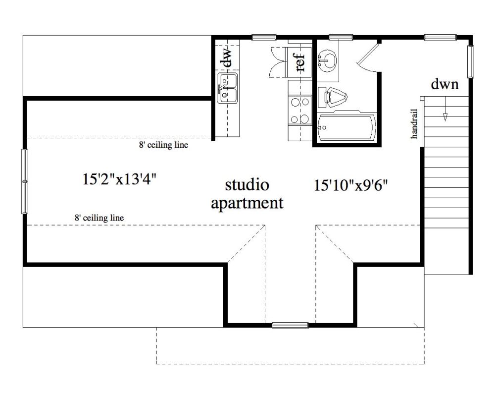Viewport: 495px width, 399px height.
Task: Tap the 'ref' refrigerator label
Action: [300, 61]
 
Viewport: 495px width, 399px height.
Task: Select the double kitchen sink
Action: [227, 88]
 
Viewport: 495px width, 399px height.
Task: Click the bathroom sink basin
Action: [327, 60]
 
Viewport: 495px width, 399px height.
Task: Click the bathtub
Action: [347, 127]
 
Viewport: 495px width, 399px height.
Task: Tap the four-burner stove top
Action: [300, 111]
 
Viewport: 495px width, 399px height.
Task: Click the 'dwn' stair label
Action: [445, 84]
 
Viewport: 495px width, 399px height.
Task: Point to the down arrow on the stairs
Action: [445, 109]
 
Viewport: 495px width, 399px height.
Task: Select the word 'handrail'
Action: [414, 124]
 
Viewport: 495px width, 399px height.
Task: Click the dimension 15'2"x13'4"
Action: [119, 179]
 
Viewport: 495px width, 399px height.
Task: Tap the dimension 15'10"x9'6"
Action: [351, 185]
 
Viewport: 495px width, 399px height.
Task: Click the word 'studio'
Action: [247, 185]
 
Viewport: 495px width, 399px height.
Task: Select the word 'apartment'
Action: [247, 203]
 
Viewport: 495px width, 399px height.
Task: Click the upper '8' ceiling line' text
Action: [163, 145]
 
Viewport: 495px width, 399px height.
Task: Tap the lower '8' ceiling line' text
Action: [99, 218]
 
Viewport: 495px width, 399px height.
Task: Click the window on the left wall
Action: [25, 181]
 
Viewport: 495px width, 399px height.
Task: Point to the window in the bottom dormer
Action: [290, 325]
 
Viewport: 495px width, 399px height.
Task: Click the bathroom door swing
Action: [368, 56]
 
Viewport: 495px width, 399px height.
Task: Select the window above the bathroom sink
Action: [341, 37]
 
